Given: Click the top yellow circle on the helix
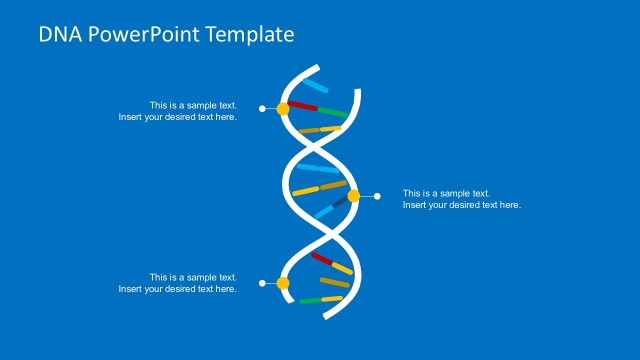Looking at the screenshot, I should point(283,108).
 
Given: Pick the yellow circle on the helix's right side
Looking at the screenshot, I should point(353,196).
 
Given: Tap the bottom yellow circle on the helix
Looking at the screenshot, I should point(283,284).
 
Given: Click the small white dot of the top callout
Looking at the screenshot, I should point(262,108).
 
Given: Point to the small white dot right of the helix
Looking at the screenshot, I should point(377,196).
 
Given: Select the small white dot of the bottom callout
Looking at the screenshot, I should point(262,284).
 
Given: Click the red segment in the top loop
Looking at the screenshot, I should point(303,105).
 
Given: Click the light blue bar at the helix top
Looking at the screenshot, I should point(316,86).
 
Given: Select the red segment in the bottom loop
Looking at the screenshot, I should point(321,259).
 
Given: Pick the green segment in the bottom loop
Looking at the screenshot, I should point(308,299).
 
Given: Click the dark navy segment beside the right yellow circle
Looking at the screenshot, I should point(340,203).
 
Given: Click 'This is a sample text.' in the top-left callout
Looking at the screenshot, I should point(193,105).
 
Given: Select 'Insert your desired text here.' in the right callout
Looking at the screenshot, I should point(461,205).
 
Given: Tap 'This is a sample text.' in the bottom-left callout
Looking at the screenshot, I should point(193,277).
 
